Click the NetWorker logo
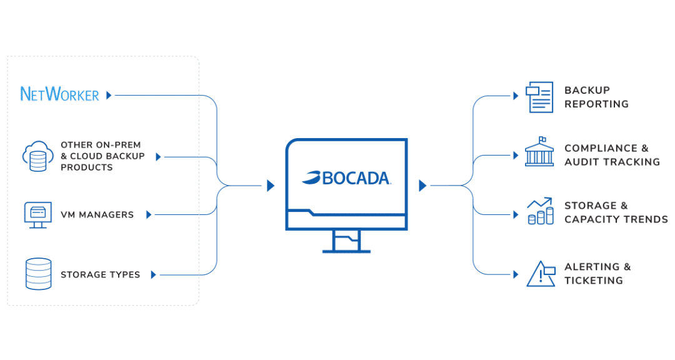(59, 94)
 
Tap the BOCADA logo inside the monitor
(346, 178)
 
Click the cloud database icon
(38, 156)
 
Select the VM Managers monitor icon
(38, 214)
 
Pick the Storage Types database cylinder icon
(38, 274)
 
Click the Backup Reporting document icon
(539, 97)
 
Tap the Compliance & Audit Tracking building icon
(539, 152)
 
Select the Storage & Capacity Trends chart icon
(540, 211)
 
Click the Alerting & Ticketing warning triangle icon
(541, 274)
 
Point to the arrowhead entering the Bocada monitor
(271, 186)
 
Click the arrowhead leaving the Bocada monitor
(422, 186)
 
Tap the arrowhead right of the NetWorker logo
(109, 95)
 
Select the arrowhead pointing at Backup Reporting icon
(516, 96)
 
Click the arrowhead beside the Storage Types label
(153, 275)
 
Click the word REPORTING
(597, 104)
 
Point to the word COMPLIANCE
(601, 148)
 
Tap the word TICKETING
(594, 281)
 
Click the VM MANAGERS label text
(97, 215)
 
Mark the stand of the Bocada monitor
(346, 242)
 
